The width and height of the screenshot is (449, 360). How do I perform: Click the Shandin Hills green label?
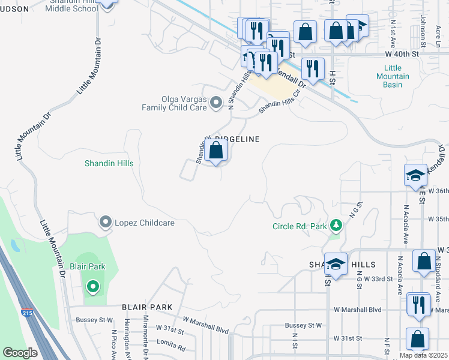pos(109,163)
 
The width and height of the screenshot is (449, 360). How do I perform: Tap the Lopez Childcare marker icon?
pos(106,223)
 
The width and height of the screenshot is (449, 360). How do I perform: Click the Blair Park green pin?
pos(92,287)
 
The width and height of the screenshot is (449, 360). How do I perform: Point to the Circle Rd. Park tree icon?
pos(336,226)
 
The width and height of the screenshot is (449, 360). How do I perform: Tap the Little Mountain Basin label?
pos(393,76)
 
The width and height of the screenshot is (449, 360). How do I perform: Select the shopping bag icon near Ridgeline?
pos(216,150)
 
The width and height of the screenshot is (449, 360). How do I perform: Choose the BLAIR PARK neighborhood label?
pos(147,307)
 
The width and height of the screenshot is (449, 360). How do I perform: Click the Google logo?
pos(20,353)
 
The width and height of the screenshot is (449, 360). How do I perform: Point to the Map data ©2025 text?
pos(423,355)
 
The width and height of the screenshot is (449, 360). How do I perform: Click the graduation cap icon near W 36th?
pos(415,175)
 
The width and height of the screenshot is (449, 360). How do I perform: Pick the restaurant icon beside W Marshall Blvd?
pos(418,304)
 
